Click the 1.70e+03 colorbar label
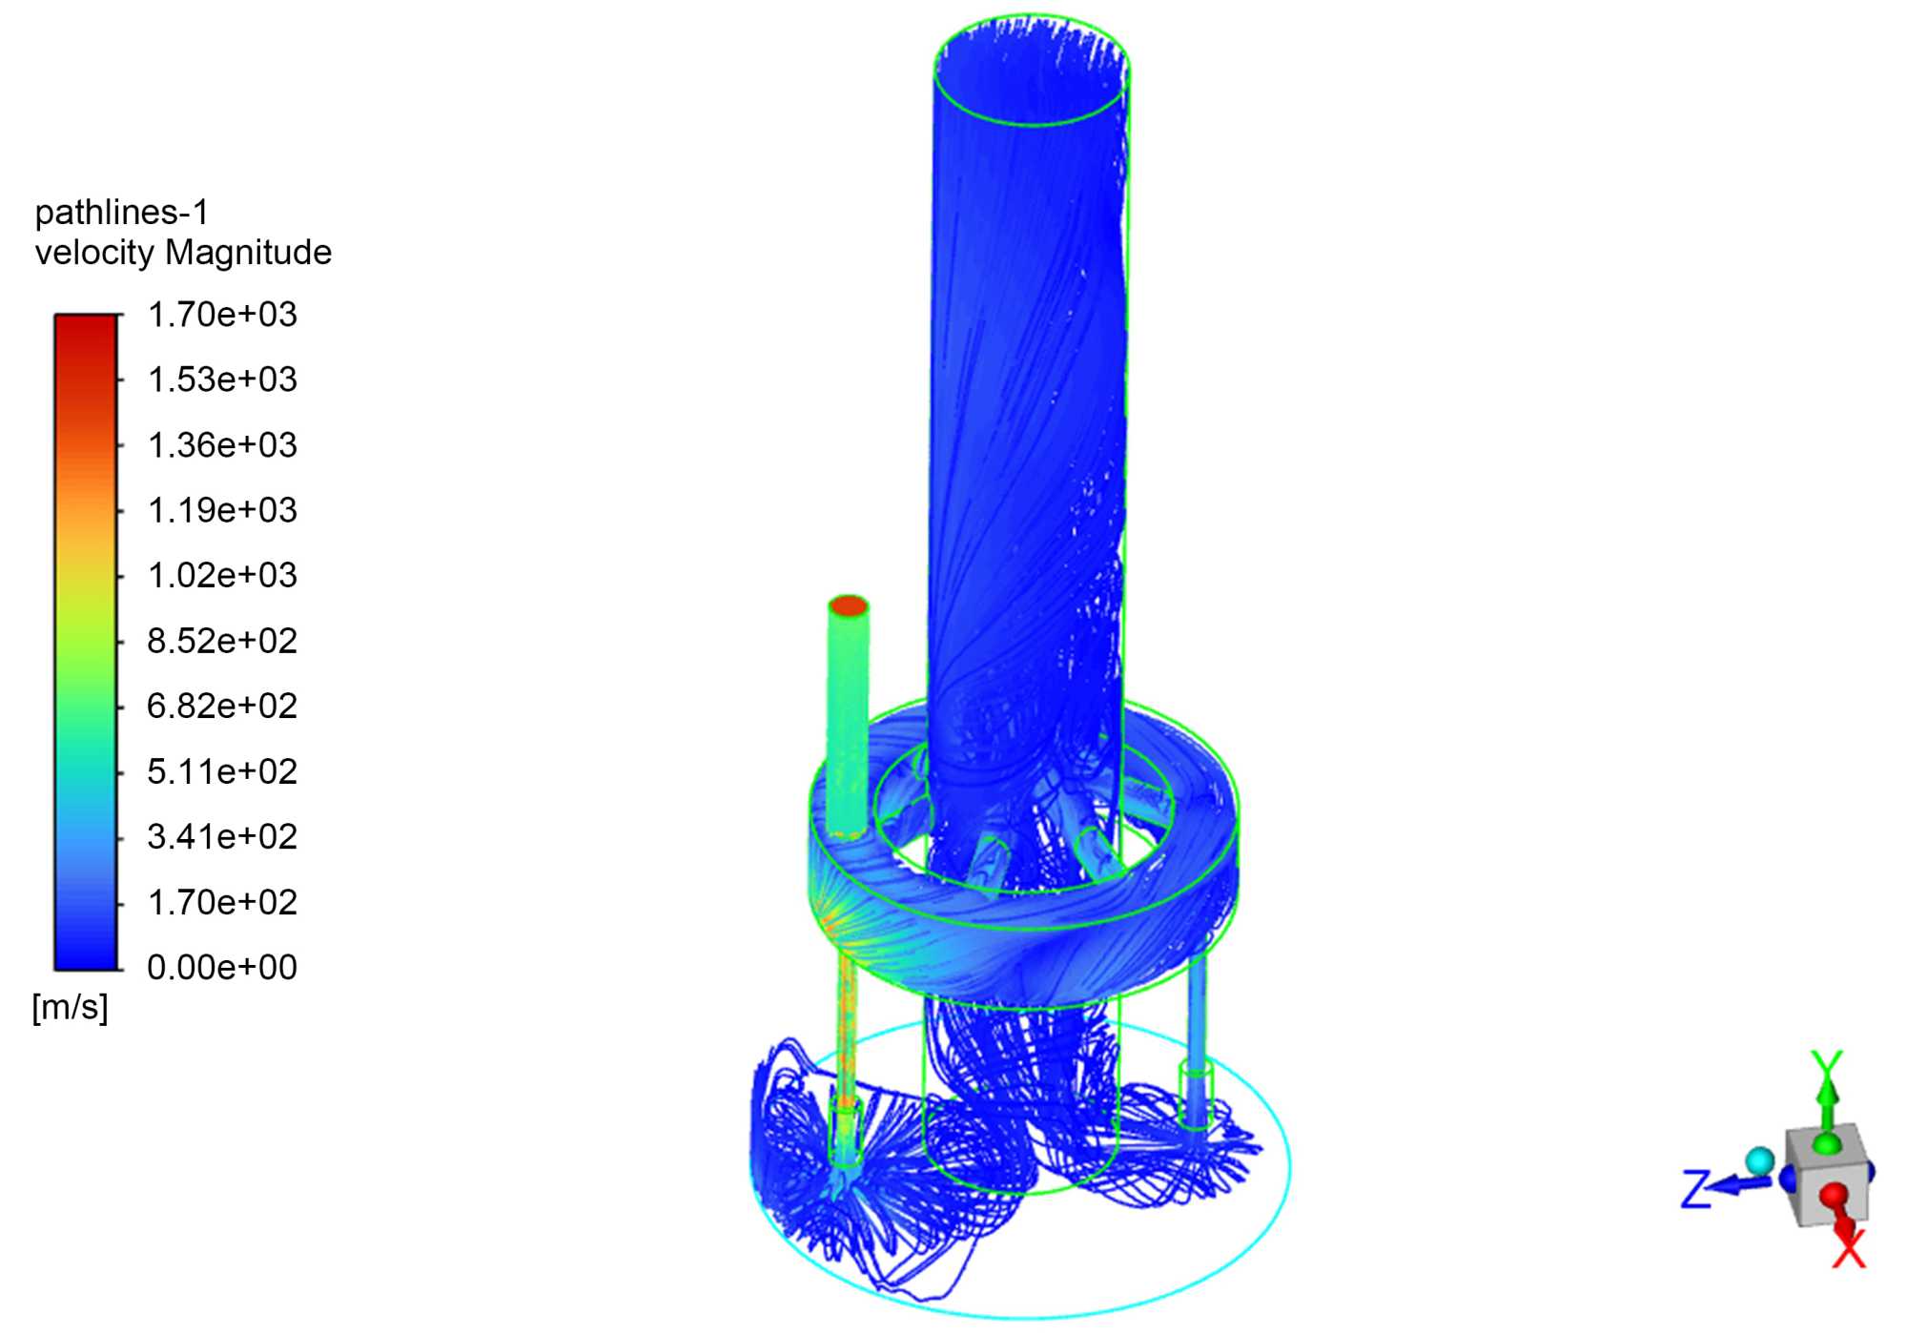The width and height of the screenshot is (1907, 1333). (x=222, y=315)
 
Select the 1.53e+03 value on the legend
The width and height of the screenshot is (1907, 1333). (x=222, y=379)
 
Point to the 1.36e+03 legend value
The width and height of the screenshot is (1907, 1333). (x=222, y=445)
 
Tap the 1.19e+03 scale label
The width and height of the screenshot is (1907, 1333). (x=222, y=510)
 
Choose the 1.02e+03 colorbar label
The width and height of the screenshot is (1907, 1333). (x=222, y=575)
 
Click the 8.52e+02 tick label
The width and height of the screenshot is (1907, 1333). (x=222, y=641)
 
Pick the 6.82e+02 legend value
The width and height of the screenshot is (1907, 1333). (x=222, y=706)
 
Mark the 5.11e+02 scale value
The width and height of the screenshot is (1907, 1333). (x=222, y=771)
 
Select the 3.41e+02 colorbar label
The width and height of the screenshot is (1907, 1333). (x=222, y=836)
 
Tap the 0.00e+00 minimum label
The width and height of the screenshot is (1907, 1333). (x=222, y=967)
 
